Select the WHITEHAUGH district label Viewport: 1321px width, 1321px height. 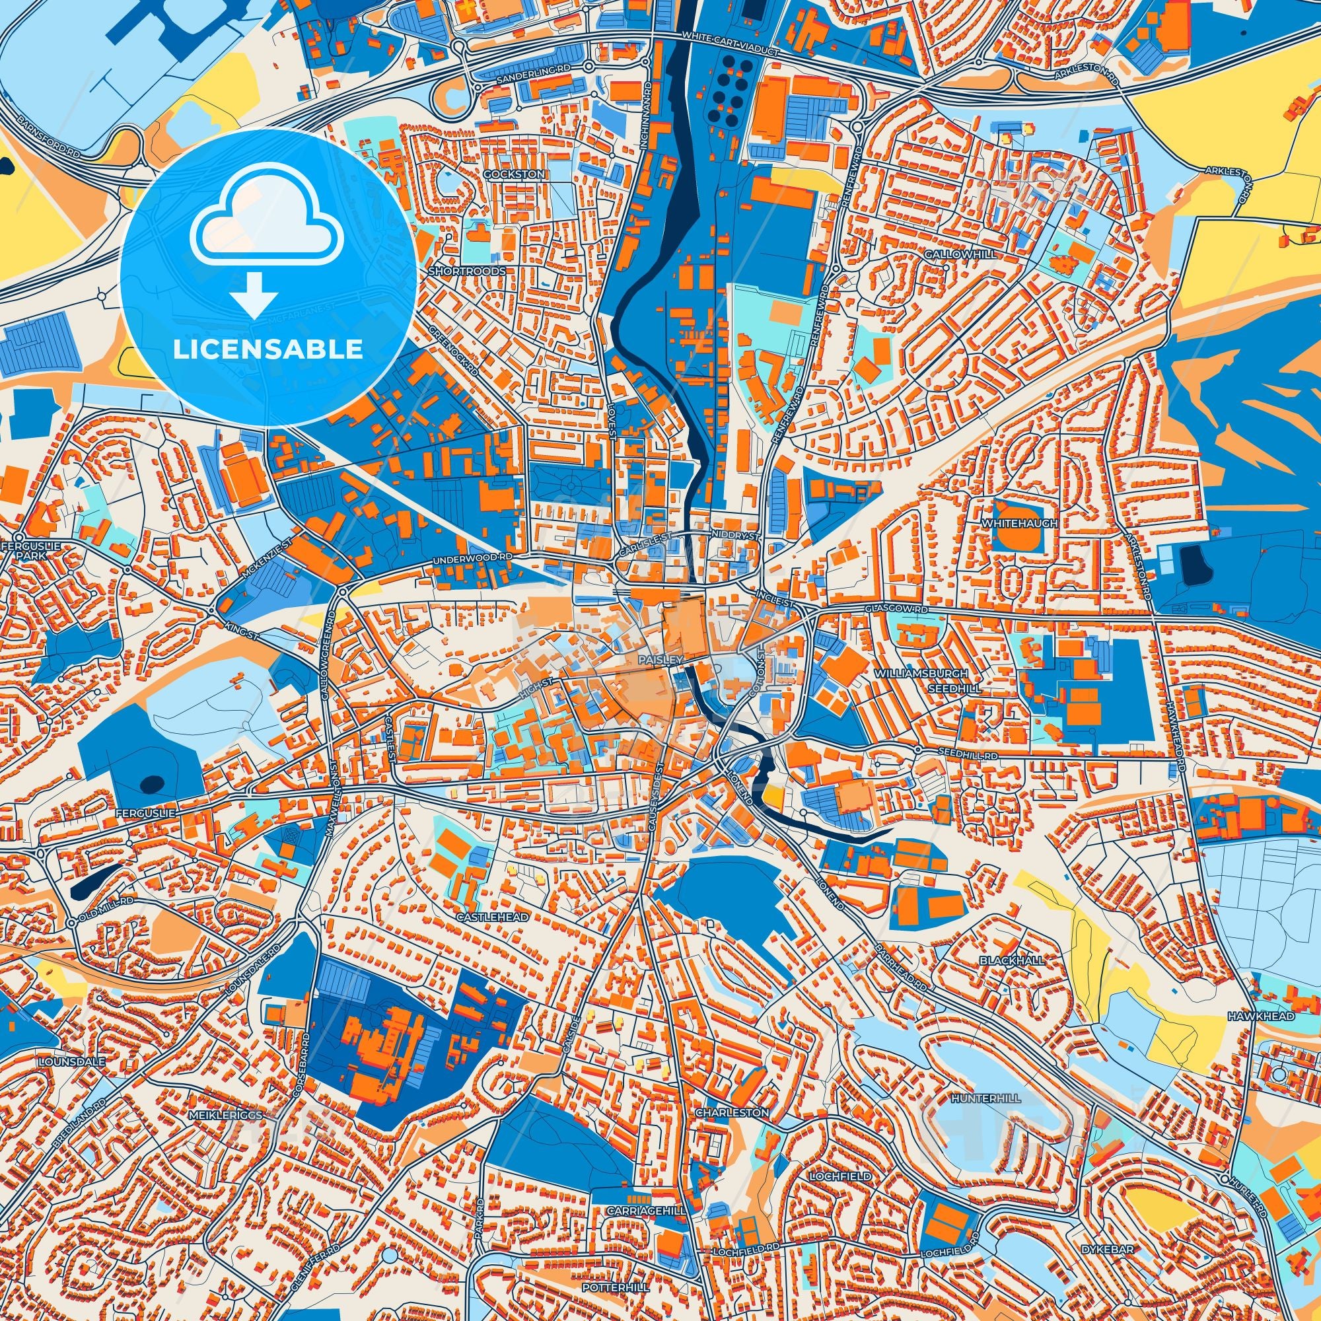[1019, 523]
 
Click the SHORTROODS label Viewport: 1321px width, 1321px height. [466, 271]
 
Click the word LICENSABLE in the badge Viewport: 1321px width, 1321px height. [268, 349]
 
